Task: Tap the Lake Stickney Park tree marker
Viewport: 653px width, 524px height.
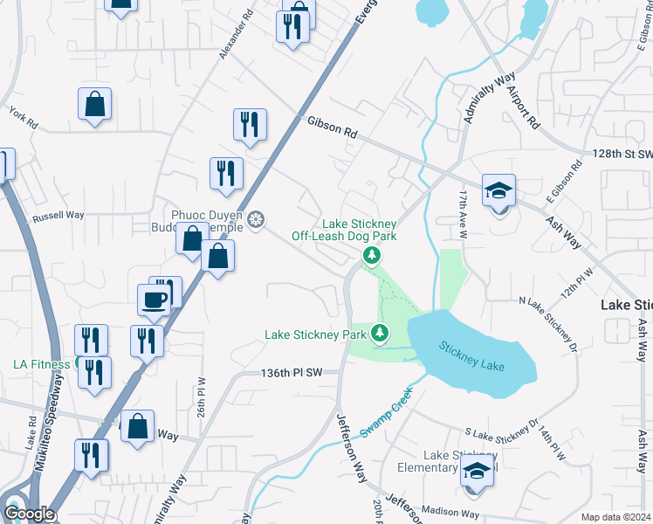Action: point(380,334)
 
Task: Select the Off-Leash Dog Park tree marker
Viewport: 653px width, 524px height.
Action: point(372,255)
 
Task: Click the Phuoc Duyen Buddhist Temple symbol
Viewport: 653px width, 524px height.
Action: point(256,218)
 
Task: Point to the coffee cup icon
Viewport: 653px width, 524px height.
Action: point(155,300)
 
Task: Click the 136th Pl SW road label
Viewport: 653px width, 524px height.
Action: point(292,372)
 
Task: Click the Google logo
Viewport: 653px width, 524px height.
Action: point(28,514)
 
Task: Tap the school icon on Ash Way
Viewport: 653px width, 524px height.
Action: point(499,190)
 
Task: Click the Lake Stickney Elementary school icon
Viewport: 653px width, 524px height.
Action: point(477,472)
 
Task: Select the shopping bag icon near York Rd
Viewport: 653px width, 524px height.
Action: point(94,105)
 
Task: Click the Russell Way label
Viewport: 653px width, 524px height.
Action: point(58,216)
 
